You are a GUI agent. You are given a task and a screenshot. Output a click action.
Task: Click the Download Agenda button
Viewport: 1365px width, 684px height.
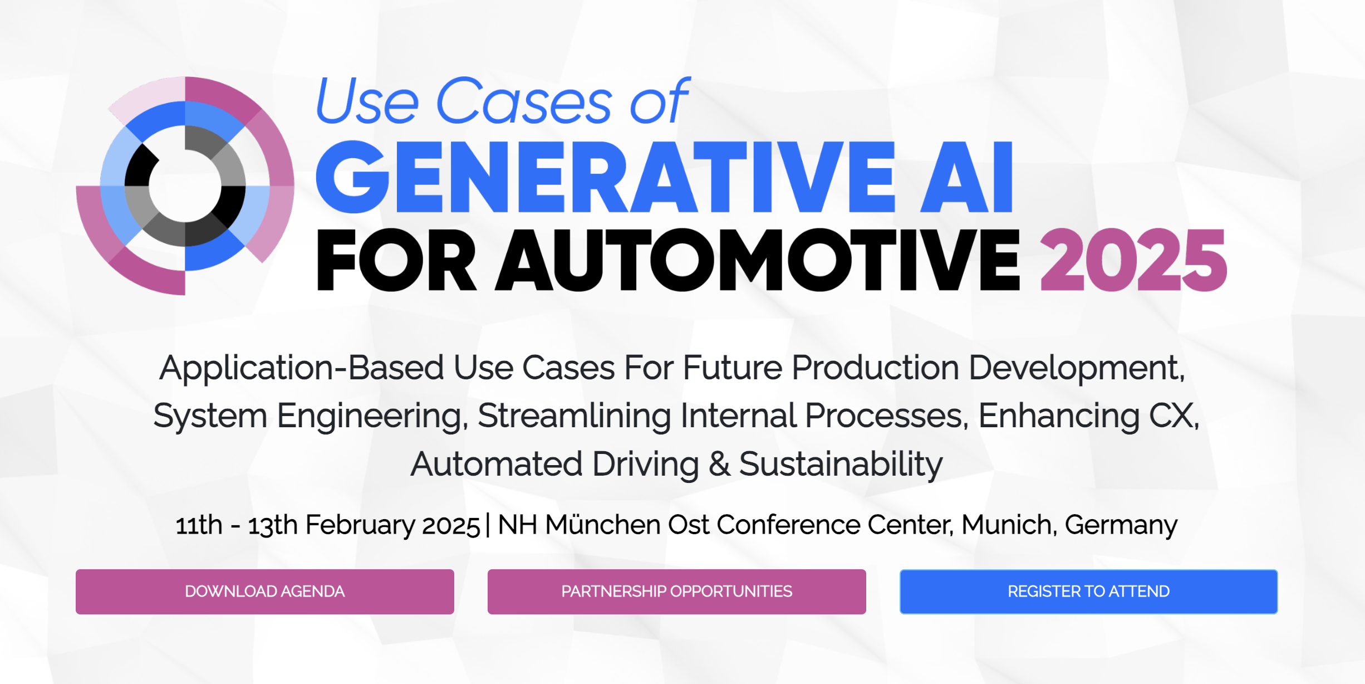(x=265, y=592)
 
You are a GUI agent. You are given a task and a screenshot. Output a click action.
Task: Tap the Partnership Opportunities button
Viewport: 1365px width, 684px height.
(x=677, y=592)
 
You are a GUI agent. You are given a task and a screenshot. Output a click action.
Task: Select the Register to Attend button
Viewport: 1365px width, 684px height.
(x=1089, y=592)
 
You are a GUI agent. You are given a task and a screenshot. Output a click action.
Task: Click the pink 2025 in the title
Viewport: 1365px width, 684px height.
(x=1133, y=260)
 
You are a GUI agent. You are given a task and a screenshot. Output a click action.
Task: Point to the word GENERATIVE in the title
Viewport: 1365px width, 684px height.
(x=605, y=177)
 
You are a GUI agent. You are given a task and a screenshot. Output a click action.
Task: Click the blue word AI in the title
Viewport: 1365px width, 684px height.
(x=966, y=177)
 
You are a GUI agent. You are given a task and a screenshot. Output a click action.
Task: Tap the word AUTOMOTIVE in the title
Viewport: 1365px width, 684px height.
(x=758, y=260)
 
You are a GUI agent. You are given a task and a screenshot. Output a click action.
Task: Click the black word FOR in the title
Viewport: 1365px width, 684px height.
(x=396, y=260)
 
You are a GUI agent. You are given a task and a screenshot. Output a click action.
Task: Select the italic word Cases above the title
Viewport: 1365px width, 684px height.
(x=524, y=101)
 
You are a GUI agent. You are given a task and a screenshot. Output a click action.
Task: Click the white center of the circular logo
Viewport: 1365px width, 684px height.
(x=185, y=186)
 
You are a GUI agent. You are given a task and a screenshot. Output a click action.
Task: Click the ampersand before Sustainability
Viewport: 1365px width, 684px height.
(x=719, y=464)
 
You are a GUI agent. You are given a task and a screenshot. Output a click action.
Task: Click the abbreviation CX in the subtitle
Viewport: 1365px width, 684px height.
(x=1171, y=416)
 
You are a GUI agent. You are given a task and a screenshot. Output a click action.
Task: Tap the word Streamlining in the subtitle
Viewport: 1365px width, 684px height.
(x=575, y=417)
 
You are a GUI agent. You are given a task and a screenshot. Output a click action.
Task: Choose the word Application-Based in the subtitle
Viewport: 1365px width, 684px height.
(x=301, y=369)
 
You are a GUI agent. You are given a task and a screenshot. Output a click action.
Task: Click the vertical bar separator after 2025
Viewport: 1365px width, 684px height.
(x=488, y=525)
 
